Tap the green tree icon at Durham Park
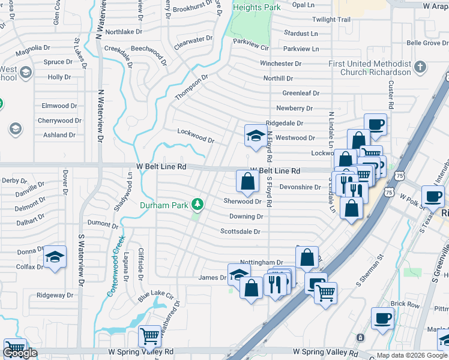click(197, 205)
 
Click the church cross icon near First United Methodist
click(421, 67)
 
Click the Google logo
click(20, 352)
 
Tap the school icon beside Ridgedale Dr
click(255, 134)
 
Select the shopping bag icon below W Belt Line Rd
click(247, 180)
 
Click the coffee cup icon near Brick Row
click(382, 319)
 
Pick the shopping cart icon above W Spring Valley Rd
click(149, 337)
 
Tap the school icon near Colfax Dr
click(55, 259)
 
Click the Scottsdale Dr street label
click(240, 231)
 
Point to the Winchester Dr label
click(280, 64)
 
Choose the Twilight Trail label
click(331, 20)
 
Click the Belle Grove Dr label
click(427, 43)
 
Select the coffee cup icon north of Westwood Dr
click(376, 125)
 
